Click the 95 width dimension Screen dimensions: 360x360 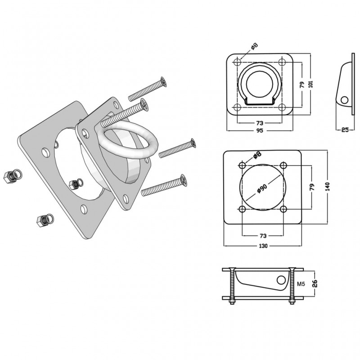coord(260,131)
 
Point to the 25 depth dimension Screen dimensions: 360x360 coord(345,130)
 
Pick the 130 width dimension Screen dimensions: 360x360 coord(263,246)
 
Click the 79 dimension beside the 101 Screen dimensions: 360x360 coord(302,84)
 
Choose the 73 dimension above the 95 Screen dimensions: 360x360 coord(260,122)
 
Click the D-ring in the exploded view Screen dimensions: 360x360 coord(129,140)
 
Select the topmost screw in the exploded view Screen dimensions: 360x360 coord(147,89)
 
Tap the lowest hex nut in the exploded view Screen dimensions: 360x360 coord(44,221)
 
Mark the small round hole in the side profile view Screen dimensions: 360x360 coord(345,99)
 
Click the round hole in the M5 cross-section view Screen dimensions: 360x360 coord(282,280)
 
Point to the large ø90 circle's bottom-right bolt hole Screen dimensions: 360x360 coord(283,209)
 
